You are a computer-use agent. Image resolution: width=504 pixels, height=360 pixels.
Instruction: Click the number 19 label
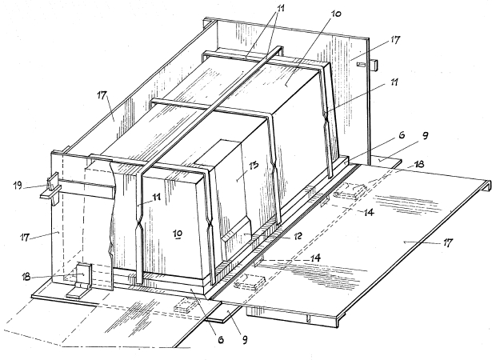[x=18, y=186]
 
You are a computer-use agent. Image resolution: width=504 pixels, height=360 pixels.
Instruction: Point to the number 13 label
[x=253, y=166]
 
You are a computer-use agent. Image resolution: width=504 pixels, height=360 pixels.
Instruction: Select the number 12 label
[x=297, y=236]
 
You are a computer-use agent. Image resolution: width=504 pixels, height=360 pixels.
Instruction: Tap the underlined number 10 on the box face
[x=178, y=234]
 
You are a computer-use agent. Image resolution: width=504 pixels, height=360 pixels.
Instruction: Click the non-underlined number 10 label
[x=335, y=14]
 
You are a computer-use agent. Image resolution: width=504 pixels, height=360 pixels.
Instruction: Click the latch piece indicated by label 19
[x=51, y=188]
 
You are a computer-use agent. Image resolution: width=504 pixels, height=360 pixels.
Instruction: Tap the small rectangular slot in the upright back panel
[x=362, y=65]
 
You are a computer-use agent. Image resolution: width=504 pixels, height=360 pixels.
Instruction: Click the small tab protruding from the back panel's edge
[x=374, y=65]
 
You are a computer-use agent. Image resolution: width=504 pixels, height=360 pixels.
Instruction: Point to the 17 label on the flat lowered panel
[x=447, y=242]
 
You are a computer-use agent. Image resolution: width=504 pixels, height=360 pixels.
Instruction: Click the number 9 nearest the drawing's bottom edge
[x=245, y=339]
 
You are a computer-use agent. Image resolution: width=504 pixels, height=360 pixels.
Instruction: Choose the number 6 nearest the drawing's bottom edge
[x=221, y=339]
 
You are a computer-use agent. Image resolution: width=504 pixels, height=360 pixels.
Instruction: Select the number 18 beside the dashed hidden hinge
[x=419, y=164]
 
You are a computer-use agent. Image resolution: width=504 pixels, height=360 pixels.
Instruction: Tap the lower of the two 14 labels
[x=316, y=258]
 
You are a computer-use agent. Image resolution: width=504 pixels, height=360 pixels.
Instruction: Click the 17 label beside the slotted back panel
[x=395, y=40]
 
